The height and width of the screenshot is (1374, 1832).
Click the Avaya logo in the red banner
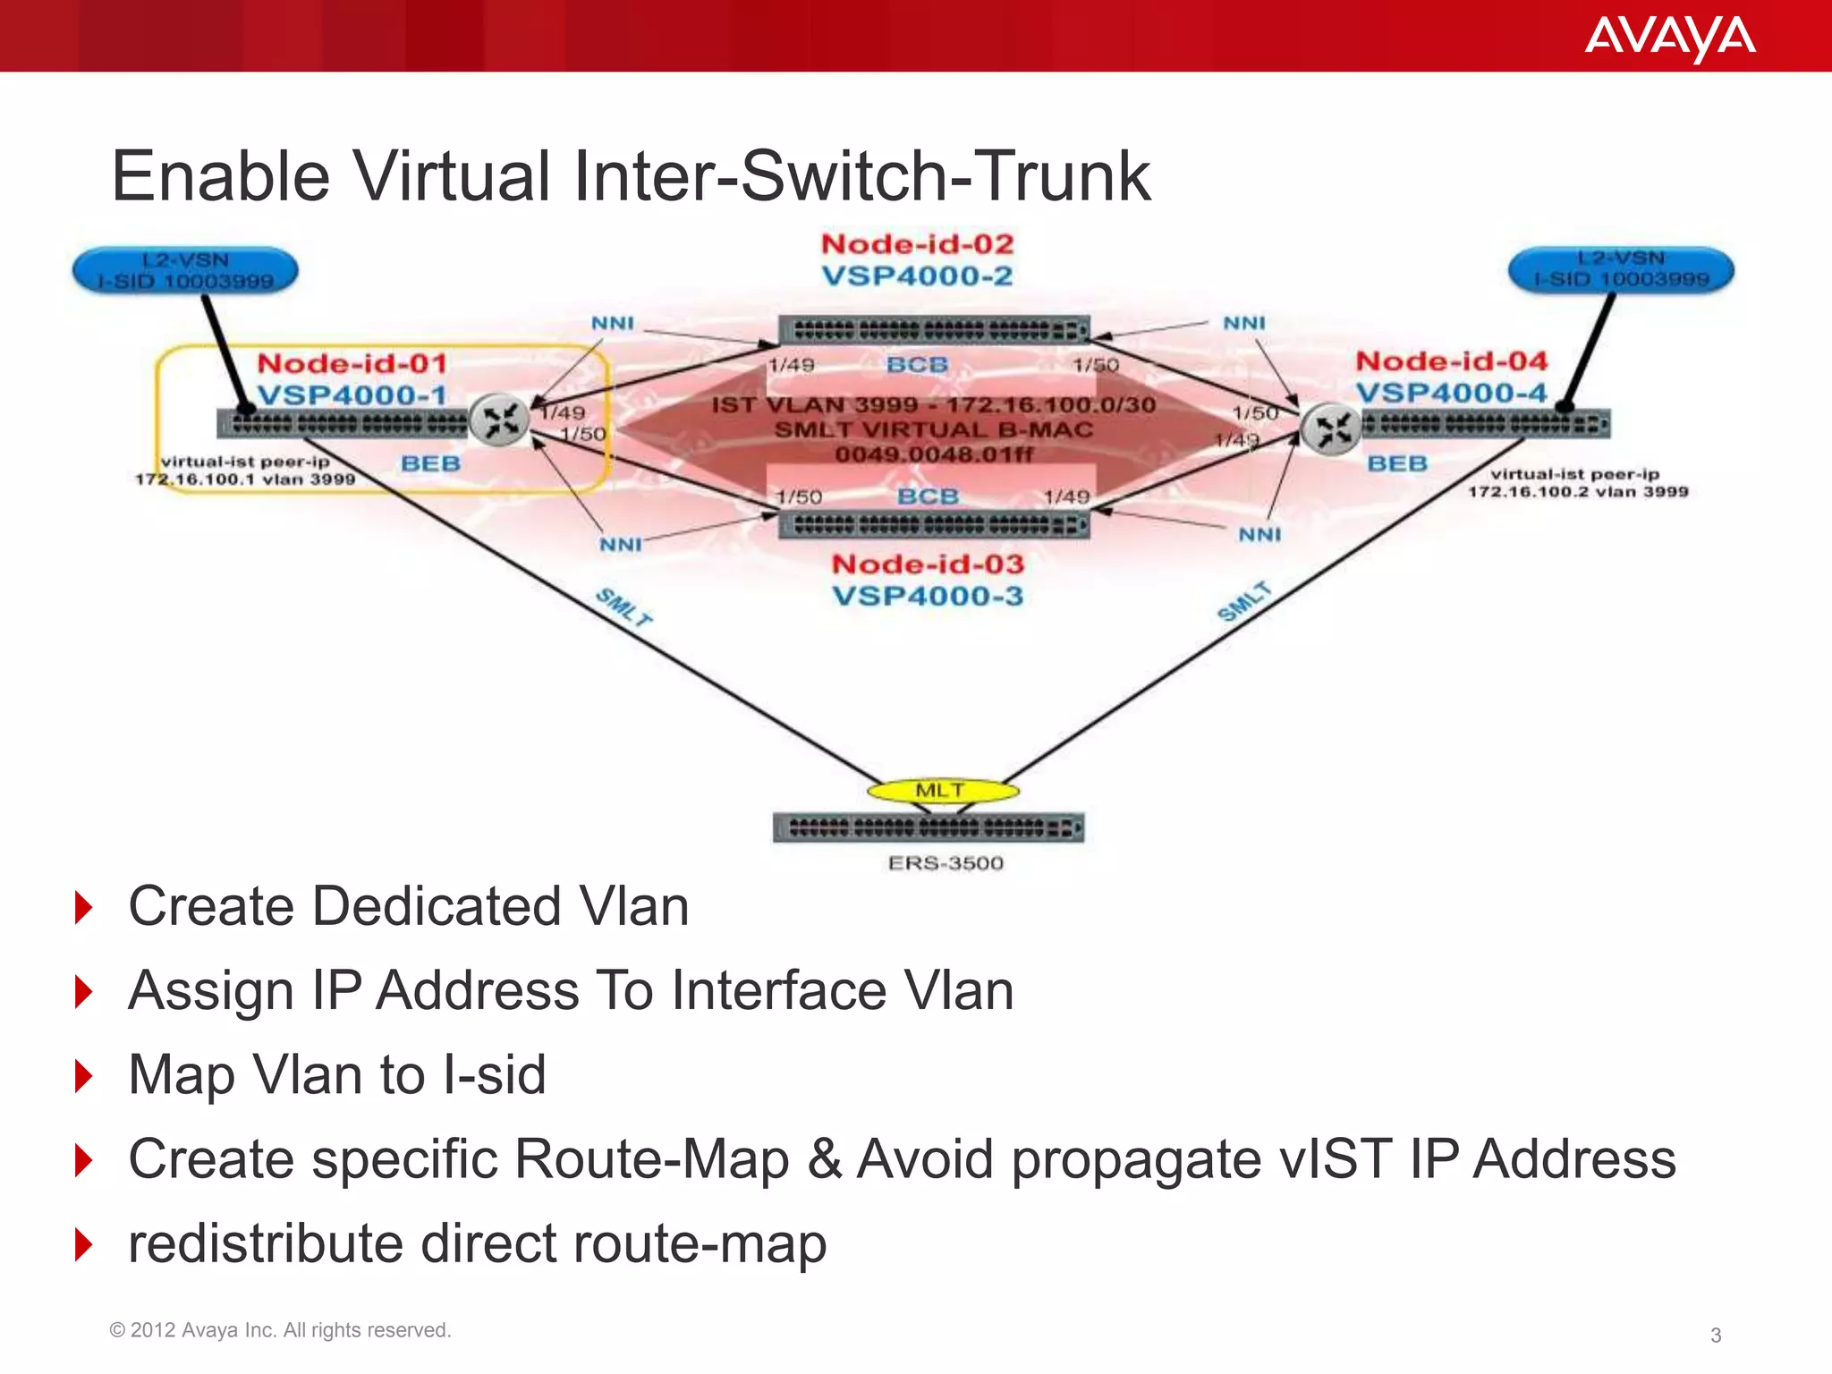pos(1669,38)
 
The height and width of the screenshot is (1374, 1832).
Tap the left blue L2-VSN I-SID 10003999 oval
pos(185,271)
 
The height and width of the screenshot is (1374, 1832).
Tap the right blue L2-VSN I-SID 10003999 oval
pos(1621,269)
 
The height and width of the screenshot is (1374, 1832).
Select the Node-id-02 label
pos(917,244)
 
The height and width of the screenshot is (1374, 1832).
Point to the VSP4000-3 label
pos(927,596)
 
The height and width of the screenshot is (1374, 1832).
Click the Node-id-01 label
pos(352,363)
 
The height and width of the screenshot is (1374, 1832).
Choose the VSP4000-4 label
pos(1450,393)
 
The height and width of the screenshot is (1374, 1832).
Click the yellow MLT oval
pos(942,790)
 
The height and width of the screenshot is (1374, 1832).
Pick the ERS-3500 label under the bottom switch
pos(946,863)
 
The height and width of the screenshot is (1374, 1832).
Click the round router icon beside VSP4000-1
pos(499,420)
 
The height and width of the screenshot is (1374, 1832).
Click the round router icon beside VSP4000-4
pos(1331,429)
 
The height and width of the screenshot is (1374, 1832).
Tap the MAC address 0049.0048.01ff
pos(933,454)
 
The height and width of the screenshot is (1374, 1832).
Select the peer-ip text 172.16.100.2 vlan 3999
pos(1577,491)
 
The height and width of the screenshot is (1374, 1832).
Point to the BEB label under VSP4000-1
pos(430,463)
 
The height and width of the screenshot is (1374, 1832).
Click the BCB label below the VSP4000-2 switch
pos(917,365)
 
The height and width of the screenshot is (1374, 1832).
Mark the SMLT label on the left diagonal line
pos(624,606)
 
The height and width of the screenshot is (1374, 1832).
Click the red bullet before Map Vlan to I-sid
pos(84,1075)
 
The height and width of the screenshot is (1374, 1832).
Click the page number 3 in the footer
pos(1715,1335)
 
